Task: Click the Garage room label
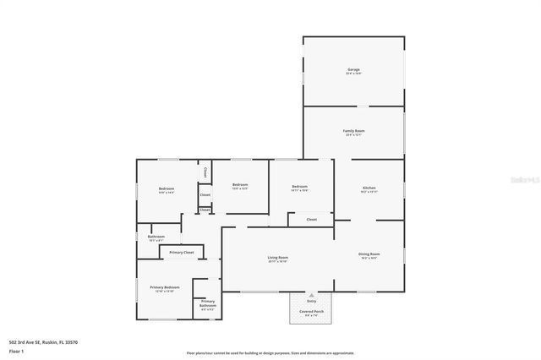click(x=353, y=69)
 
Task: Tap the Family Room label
click(x=353, y=131)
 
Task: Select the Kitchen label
click(x=369, y=188)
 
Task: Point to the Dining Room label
click(x=369, y=254)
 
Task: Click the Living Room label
click(x=278, y=257)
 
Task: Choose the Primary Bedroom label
click(x=165, y=287)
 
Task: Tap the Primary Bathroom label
click(x=207, y=303)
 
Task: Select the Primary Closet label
click(x=182, y=253)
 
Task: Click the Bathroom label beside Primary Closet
click(x=156, y=237)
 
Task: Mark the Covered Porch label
click(x=311, y=311)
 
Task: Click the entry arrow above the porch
click(x=311, y=293)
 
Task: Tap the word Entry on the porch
click(x=311, y=301)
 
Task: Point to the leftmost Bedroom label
click(x=166, y=188)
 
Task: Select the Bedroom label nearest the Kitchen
click(x=299, y=187)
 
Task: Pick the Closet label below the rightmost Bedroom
click(x=311, y=219)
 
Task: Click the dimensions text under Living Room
click(x=278, y=262)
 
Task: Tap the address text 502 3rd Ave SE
click(x=42, y=342)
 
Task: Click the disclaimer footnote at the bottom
click(x=270, y=353)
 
